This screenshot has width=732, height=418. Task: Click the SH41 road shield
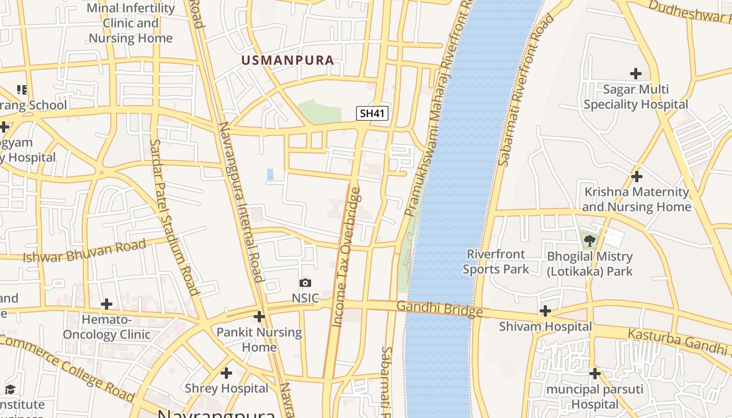372,113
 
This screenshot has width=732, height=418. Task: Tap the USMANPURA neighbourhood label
288,60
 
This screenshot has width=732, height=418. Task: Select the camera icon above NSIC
305,283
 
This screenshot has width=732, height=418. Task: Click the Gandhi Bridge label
439,309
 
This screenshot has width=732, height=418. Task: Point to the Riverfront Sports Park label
496,262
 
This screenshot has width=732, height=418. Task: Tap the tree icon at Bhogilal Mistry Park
590,241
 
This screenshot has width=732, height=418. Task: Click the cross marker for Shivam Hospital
545,311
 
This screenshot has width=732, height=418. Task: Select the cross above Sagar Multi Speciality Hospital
635,74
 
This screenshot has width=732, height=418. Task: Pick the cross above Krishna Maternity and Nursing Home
636,177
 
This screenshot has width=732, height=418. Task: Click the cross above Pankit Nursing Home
259,317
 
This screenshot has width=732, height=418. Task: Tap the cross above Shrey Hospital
226,373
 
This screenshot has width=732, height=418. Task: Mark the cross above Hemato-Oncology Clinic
107,304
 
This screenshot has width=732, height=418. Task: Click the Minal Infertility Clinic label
131,23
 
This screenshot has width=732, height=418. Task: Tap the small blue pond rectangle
270,175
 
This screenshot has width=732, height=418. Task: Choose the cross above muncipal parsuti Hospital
594,374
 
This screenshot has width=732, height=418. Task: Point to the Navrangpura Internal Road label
241,202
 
